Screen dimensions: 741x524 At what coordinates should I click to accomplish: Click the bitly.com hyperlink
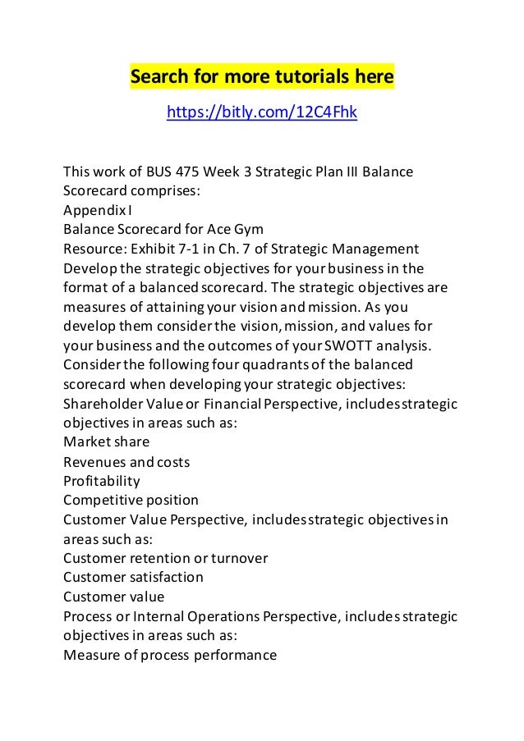pos(261,112)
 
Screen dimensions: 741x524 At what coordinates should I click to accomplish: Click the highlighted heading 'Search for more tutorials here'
pos(262,78)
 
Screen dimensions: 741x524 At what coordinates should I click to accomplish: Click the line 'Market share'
pos(106,441)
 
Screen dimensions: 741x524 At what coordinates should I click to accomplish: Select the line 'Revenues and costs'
pos(126,460)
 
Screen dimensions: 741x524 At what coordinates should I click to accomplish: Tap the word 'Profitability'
pos(102,480)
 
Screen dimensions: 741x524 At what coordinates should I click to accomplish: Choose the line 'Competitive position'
pos(131,499)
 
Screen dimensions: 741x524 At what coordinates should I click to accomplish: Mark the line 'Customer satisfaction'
pos(133,577)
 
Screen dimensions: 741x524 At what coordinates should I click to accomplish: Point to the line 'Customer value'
pos(113,596)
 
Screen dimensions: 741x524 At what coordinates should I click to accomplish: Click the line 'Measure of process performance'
pos(170,654)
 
